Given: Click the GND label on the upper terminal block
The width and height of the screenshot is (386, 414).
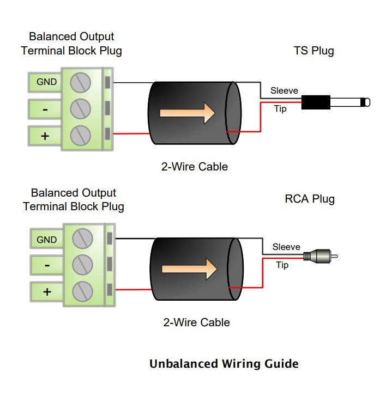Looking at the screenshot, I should click(46, 82).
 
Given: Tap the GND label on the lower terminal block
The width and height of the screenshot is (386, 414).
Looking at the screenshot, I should click(46, 239).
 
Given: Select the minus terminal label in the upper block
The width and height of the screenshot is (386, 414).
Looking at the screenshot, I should click(45, 109).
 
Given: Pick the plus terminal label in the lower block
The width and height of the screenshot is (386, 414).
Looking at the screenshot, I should click(47, 291).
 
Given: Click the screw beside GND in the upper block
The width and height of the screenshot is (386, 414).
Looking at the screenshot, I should click(81, 82).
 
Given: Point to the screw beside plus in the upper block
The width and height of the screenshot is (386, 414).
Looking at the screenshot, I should click(81, 133).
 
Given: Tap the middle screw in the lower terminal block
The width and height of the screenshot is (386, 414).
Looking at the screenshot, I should click(83, 265).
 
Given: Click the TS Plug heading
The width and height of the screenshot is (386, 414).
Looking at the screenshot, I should click(313, 51).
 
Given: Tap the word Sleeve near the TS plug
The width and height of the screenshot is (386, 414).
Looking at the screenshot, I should click(284, 90).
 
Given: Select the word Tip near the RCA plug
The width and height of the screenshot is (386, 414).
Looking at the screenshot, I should click(282, 265).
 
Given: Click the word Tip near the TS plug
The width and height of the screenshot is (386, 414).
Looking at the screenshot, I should click(280, 109).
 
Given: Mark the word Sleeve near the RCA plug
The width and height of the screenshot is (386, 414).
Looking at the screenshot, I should click(286, 247).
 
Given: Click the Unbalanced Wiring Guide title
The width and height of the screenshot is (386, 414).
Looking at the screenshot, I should click(224, 363).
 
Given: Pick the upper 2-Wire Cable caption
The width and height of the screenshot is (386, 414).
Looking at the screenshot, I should click(195, 167).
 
